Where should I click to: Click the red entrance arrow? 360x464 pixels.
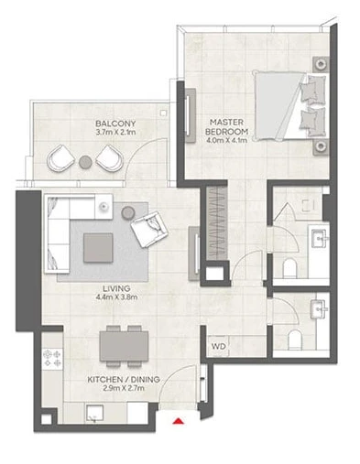coord(178,421)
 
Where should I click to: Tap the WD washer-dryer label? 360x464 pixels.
coord(219,346)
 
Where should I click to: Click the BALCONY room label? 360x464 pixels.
coord(115,124)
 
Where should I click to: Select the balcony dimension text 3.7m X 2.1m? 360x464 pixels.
coord(115,132)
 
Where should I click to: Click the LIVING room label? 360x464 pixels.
coord(116,288)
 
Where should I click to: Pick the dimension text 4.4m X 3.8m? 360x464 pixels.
coord(116,297)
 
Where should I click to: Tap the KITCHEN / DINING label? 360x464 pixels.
coord(124,380)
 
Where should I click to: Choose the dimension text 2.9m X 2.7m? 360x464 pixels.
coord(124,388)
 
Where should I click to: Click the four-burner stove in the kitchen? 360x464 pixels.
coord(52,359)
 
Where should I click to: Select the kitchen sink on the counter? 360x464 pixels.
coord(94,414)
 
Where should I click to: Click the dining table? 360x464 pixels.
coord(124,346)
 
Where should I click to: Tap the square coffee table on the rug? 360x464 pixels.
coord(98,248)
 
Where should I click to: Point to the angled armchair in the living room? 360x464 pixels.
coord(149,229)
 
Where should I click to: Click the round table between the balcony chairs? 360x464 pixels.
coord(85,162)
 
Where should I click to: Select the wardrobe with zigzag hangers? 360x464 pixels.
coord(217,223)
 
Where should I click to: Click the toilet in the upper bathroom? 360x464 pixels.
coord(289,268)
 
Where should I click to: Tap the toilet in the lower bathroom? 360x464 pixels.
coord(295,340)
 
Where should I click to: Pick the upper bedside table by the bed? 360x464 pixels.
coord(321,64)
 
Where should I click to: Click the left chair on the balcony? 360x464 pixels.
coord(60,158)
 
